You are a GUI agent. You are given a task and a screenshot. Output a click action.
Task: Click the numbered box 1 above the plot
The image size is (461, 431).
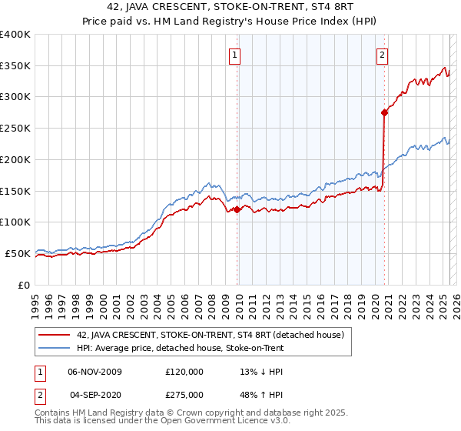(x=234, y=54)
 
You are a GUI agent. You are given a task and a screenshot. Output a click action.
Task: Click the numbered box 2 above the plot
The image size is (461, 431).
(x=382, y=54)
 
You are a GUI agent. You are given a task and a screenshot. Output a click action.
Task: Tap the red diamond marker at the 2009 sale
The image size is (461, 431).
(x=237, y=209)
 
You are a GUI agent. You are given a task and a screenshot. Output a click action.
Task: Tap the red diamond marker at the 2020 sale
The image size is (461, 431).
(x=384, y=112)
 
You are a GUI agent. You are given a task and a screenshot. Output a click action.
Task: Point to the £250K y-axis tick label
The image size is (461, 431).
(x=15, y=129)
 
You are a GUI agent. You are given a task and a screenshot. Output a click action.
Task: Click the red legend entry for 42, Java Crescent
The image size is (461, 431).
(x=214, y=335)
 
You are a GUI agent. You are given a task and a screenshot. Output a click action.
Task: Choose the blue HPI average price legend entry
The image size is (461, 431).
(x=180, y=348)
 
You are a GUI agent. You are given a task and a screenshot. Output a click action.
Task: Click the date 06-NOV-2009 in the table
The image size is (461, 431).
(x=95, y=372)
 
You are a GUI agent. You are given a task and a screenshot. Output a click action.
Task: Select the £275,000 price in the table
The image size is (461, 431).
(x=184, y=394)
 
